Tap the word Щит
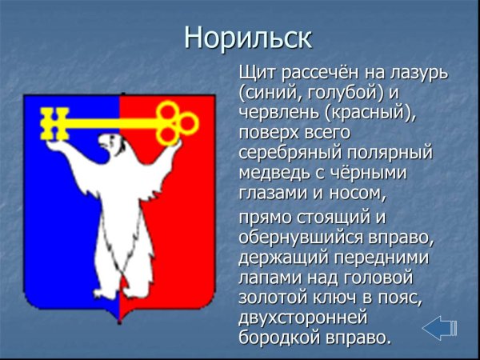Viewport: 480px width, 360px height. pyautogui.click(x=258, y=73)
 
